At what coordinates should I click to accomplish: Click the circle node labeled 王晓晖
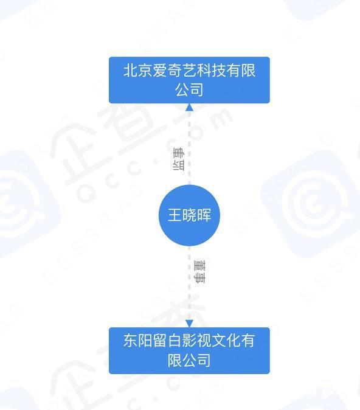pyautogui.click(x=189, y=215)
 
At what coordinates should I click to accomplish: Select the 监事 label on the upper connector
pyautogui.click(x=179, y=159)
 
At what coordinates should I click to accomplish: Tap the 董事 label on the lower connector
pyautogui.click(x=199, y=272)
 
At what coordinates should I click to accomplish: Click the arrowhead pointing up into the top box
pyautogui.click(x=189, y=107)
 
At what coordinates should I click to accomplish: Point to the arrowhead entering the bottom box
pyautogui.click(x=189, y=324)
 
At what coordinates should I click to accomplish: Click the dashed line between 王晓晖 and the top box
pyautogui.click(x=189, y=148)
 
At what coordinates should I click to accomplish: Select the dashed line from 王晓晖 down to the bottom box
pyautogui.click(x=189, y=283)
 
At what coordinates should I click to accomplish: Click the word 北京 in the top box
pyautogui.click(x=138, y=71)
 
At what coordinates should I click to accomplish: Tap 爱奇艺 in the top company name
pyautogui.click(x=175, y=71)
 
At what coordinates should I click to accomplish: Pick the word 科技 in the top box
pyautogui.click(x=211, y=71)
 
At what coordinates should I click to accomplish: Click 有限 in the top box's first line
pyautogui.click(x=241, y=71)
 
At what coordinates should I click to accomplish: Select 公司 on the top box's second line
pyautogui.click(x=189, y=89)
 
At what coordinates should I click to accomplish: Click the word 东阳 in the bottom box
pyautogui.click(x=138, y=341)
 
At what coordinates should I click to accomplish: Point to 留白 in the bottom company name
pyautogui.click(x=167, y=341)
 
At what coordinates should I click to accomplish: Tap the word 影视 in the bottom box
pyautogui.click(x=196, y=341)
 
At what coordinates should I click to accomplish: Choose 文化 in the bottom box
pyautogui.click(x=226, y=341)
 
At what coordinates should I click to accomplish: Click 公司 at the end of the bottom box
pyautogui.click(x=196, y=360)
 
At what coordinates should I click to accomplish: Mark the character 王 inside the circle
pyautogui.click(x=175, y=215)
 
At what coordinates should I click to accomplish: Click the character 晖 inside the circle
pyautogui.click(x=204, y=215)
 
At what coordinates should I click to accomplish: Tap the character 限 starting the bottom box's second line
pyautogui.click(x=175, y=360)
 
